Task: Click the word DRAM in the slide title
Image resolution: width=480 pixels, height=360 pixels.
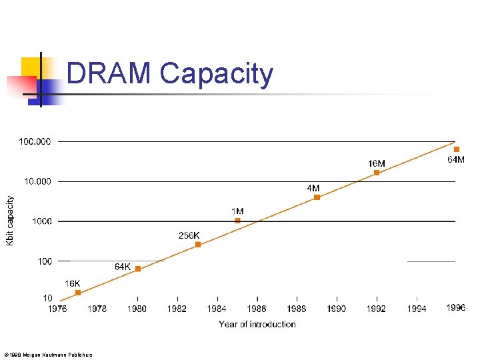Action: pyautogui.click(x=110, y=74)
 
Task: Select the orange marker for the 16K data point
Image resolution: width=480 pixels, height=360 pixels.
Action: pyautogui.click(x=78, y=293)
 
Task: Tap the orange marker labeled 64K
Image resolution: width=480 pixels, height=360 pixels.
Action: pyautogui.click(x=138, y=269)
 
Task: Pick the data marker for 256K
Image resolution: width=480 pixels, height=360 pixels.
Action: pyautogui.click(x=198, y=245)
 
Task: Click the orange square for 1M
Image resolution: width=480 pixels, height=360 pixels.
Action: pyautogui.click(x=237, y=221)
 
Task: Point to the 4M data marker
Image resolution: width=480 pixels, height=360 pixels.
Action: pyautogui.click(x=317, y=197)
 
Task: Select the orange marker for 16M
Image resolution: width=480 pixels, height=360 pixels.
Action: pyautogui.click(x=377, y=173)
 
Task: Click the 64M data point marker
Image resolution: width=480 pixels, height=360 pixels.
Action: pyautogui.click(x=457, y=149)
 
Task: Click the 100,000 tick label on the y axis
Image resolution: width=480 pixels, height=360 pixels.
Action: pyautogui.click(x=35, y=141)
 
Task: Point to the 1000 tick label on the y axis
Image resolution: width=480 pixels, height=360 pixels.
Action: pyautogui.click(x=42, y=221)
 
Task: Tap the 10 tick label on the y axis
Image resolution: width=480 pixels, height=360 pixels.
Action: pyautogui.click(x=47, y=298)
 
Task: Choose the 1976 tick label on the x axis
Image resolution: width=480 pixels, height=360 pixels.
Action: pyautogui.click(x=57, y=309)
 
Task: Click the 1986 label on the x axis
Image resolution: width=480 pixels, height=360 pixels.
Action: pyautogui.click(x=257, y=309)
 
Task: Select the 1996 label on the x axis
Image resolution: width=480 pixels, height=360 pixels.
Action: pyautogui.click(x=456, y=308)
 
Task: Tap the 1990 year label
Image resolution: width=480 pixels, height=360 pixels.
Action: pyautogui.click(x=337, y=309)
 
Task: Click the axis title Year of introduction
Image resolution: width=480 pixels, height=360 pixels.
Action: pyautogui.click(x=257, y=324)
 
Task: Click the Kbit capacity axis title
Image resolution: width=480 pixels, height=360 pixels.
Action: pyautogui.click(x=10, y=221)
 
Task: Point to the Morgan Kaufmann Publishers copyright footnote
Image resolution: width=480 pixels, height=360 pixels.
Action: pyautogui.click(x=48, y=354)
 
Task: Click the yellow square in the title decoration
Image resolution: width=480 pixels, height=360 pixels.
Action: pyautogui.click(x=32, y=67)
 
